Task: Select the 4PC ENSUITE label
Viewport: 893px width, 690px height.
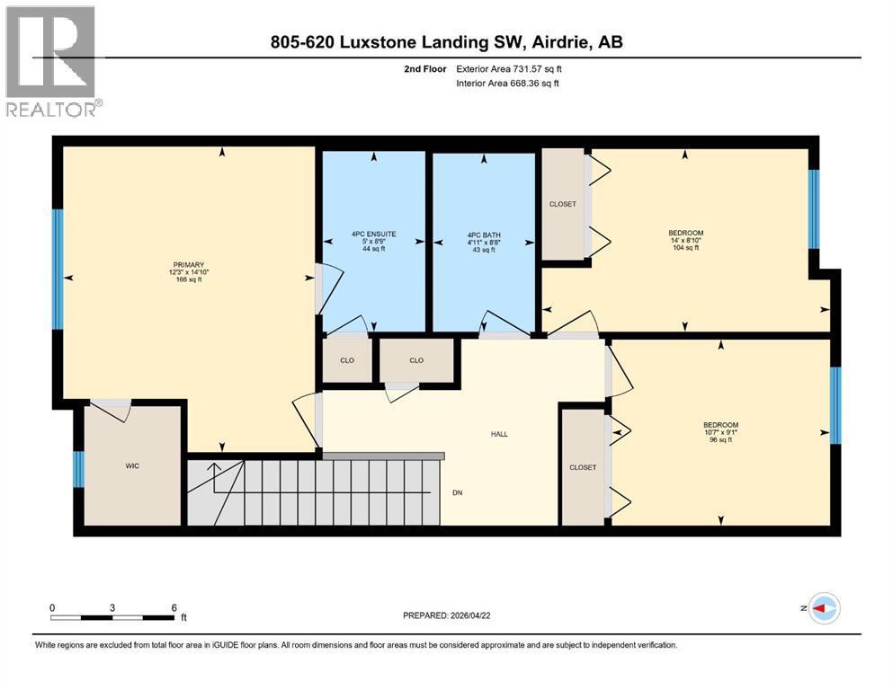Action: (x=373, y=234)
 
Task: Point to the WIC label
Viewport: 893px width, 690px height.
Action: (x=132, y=466)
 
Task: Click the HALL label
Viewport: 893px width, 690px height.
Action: (x=499, y=434)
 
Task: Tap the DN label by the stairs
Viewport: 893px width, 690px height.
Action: (x=458, y=493)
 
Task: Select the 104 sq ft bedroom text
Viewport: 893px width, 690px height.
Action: (x=685, y=248)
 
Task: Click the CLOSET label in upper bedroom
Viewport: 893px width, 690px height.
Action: (x=563, y=204)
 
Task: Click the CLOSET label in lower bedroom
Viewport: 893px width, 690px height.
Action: (x=583, y=467)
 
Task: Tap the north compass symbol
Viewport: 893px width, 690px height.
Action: (x=825, y=608)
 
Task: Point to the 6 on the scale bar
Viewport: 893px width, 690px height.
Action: (x=174, y=607)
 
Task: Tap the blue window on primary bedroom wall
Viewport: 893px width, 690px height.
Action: (x=58, y=269)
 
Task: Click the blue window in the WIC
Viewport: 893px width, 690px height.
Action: (x=78, y=468)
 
